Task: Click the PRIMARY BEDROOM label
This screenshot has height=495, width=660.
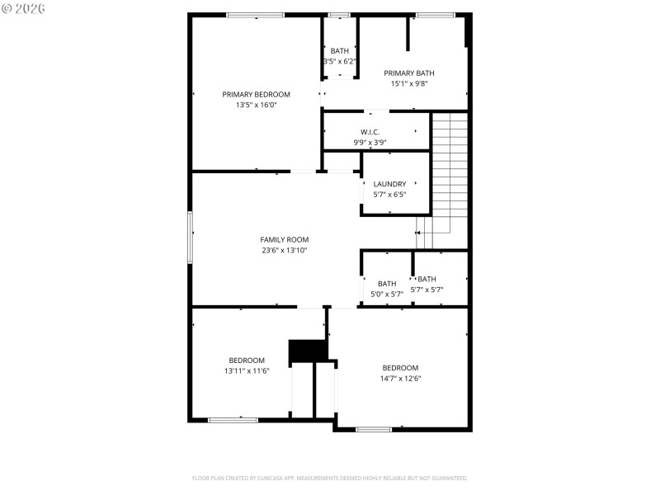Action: pyautogui.click(x=256, y=94)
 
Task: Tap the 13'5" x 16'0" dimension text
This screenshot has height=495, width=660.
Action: pyautogui.click(x=256, y=105)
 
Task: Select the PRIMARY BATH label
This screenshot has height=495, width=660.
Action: pyautogui.click(x=408, y=73)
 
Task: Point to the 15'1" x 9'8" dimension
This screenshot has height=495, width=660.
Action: pyautogui.click(x=408, y=83)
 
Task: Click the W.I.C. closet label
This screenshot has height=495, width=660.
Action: pyautogui.click(x=370, y=132)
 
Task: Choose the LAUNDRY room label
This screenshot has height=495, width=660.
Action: pyautogui.click(x=389, y=184)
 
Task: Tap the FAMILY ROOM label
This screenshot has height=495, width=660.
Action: pyautogui.click(x=284, y=239)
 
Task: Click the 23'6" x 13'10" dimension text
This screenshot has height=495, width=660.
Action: pyautogui.click(x=284, y=250)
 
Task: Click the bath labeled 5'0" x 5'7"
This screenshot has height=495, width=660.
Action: pyautogui.click(x=387, y=289)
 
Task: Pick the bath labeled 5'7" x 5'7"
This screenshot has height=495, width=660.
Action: pyautogui.click(x=427, y=285)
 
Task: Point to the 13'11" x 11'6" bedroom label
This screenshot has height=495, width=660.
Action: pyautogui.click(x=247, y=365)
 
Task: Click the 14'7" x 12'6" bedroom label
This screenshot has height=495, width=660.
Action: pyautogui.click(x=400, y=373)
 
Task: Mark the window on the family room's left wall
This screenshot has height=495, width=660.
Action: pyautogui.click(x=190, y=237)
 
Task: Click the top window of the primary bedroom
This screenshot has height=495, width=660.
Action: pyautogui.click(x=255, y=15)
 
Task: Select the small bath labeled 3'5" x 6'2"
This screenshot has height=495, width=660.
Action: pyautogui.click(x=339, y=56)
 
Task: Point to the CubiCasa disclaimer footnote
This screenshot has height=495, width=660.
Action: pyautogui.click(x=329, y=478)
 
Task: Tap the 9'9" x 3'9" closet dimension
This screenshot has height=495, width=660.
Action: pyautogui.click(x=370, y=143)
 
